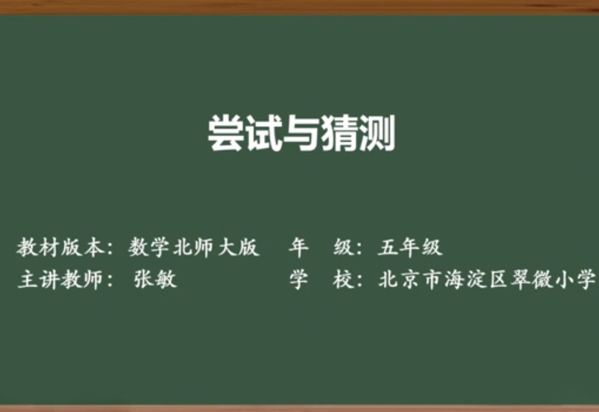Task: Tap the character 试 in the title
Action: coord(264,133)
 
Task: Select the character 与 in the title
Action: coord(301,133)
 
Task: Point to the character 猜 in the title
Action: coord(339,133)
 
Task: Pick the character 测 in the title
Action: coord(377,133)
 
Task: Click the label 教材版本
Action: coord(60,247)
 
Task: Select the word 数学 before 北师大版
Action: coord(149,247)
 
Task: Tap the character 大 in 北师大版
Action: coord(228,247)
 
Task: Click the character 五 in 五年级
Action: coord(388,247)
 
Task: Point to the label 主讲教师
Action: coord(60,279)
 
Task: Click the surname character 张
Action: coord(143,279)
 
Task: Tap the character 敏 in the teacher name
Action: coord(166,279)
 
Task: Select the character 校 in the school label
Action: coord(343,279)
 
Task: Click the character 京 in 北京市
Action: coord(411,279)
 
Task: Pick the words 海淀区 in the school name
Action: coord(476,279)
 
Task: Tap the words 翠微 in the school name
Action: coord(532,279)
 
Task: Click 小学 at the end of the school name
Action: coord(576,279)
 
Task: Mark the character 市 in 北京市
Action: coord(433,279)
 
